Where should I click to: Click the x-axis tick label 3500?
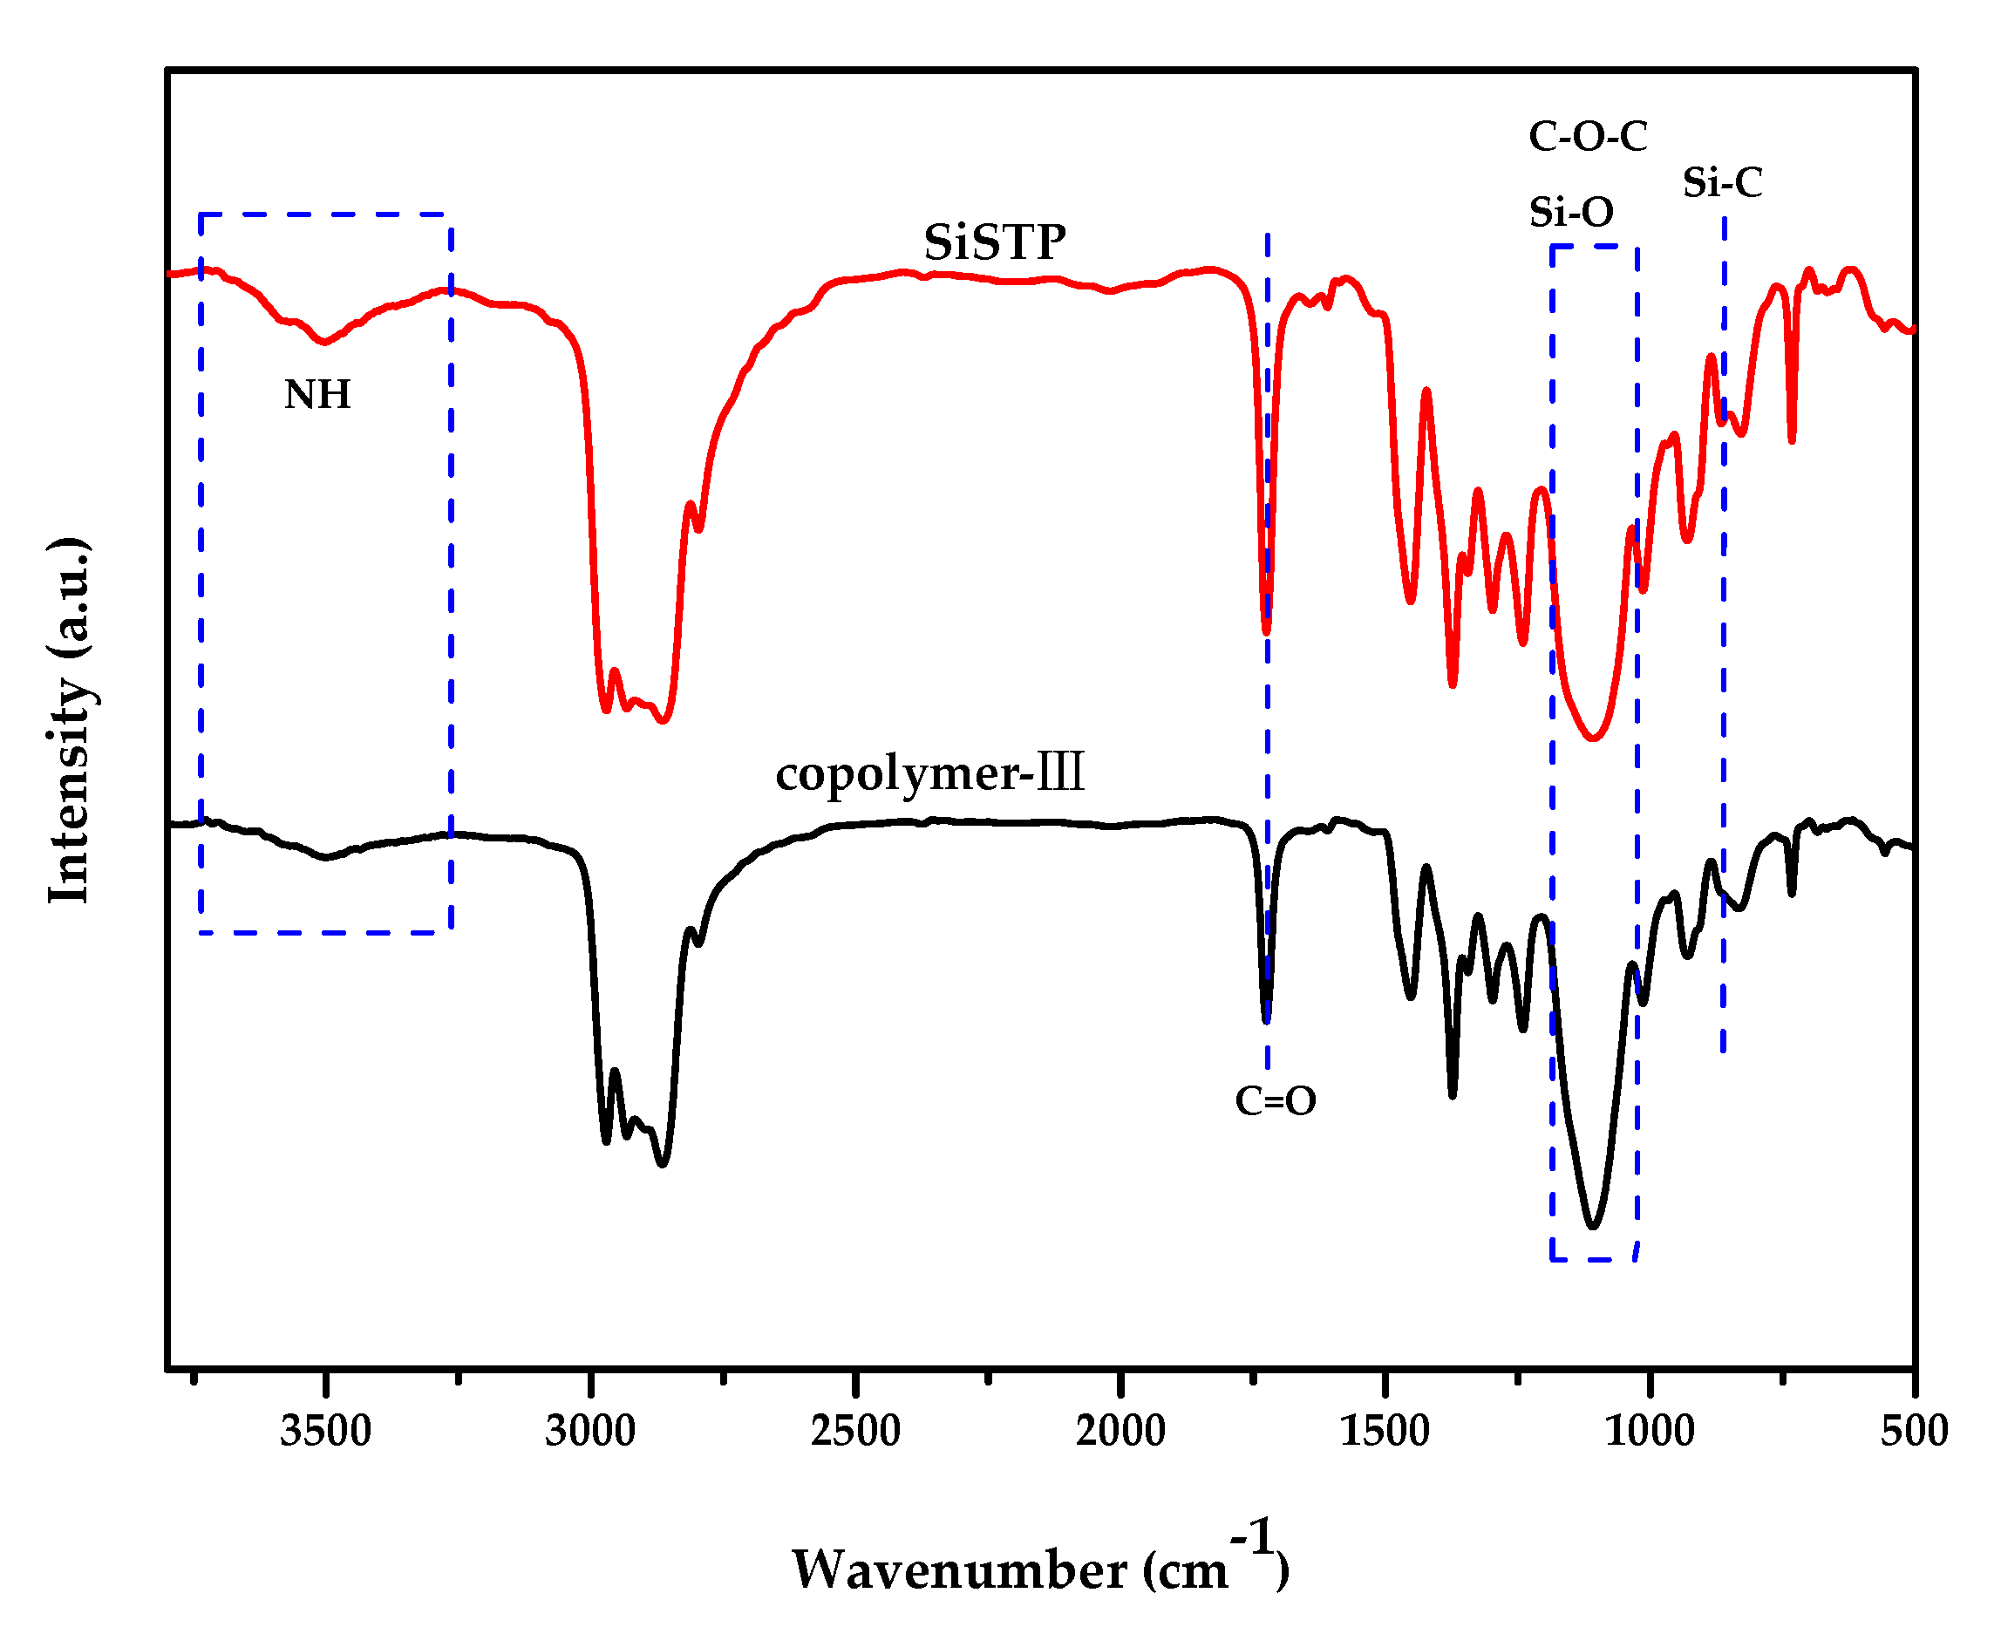tap(325, 1432)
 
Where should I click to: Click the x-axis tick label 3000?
tap(589, 1432)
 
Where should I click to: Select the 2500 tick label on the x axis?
tap(854, 1432)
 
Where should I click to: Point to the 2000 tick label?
tap(1120, 1432)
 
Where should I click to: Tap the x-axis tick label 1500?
tap(1385, 1432)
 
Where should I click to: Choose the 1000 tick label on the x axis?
tap(1650, 1432)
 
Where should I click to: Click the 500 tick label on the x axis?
tap(1914, 1432)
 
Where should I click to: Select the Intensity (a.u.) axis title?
tap(71, 720)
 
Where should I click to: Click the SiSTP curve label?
tap(995, 242)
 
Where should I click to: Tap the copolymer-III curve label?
tap(929, 773)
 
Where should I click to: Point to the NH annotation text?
tap(316, 395)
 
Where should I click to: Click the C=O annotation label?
tap(1275, 1101)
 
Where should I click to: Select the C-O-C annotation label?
tap(1588, 137)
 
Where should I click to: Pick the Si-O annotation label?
tap(1571, 213)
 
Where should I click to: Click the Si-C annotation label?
tap(1722, 183)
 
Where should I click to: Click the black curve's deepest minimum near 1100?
tap(1592, 1226)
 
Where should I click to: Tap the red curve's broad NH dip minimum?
tap(324, 342)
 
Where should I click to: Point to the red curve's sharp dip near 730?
tap(1791, 440)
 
